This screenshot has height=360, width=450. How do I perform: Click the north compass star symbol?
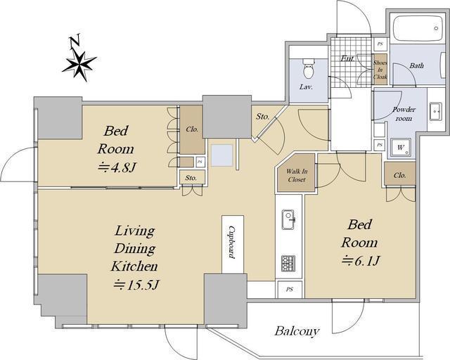coord(79,65)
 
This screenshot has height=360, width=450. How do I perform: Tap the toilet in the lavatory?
coord(309,69)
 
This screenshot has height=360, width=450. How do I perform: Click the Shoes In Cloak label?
coord(380,70)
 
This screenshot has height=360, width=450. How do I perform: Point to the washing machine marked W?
coord(401,147)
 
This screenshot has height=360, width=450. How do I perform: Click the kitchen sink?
coord(288,219)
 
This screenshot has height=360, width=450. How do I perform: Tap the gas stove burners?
coord(288,264)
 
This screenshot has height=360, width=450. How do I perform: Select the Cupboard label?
coord(232,243)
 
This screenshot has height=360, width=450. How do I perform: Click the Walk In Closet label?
coord(297,175)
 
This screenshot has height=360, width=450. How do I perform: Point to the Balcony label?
coord(297,331)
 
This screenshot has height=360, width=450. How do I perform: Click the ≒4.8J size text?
coord(116,167)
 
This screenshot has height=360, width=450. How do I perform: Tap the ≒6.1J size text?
coord(361,261)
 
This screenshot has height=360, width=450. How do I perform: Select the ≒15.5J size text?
coord(136,284)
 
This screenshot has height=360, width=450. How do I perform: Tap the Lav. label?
coord(306,86)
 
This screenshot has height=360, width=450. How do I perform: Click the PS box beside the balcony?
coord(289,290)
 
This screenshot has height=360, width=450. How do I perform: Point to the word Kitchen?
coord(134,266)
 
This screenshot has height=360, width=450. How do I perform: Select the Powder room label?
coord(404,114)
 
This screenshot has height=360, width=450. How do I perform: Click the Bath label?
coord(416,65)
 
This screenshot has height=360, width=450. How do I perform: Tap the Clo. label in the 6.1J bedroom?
coord(400,175)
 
